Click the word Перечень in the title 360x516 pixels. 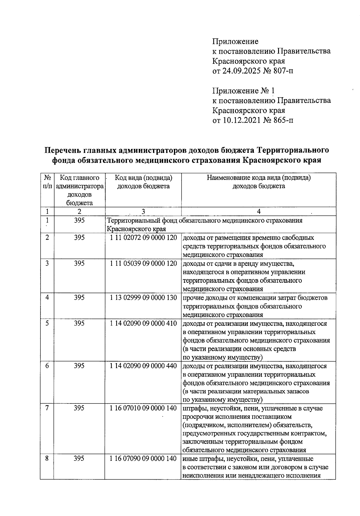coord(62,150)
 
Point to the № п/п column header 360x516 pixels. coord(47,182)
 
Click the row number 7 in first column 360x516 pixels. coord(47,408)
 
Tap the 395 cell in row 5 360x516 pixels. coord(79,324)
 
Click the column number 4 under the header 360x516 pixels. coord(259,212)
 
